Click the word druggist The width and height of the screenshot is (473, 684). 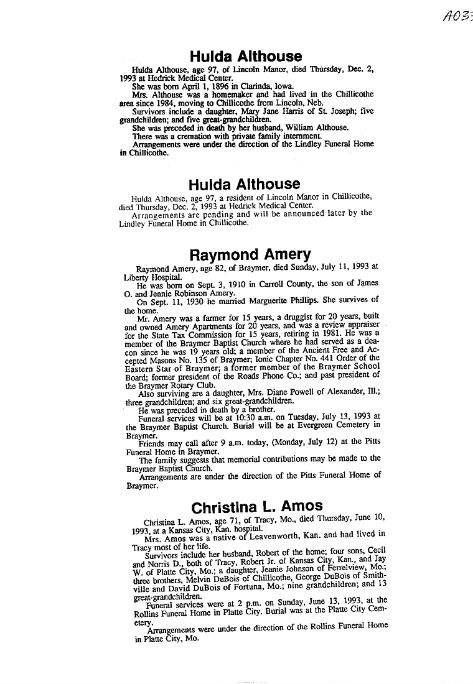[x=296, y=317]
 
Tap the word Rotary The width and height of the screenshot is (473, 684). [x=184, y=386]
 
